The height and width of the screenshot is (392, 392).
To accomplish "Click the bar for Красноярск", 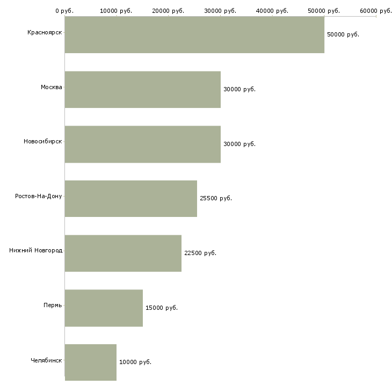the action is click(194, 35).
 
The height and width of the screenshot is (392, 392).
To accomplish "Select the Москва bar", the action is click(143, 90).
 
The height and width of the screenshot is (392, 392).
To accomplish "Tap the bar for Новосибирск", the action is click(143, 144).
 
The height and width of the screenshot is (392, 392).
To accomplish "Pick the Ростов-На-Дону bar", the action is click(131, 199).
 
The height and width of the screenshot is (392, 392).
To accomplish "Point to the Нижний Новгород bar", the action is click(124, 253).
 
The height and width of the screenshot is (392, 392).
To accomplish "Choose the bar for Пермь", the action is click(104, 308).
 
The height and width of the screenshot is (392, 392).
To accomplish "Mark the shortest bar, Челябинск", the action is click(91, 362).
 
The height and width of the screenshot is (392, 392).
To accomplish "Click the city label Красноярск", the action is click(45, 33).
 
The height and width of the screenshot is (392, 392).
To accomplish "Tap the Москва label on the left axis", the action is click(51, 87).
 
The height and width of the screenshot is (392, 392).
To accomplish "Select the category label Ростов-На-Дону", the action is click(39, 196).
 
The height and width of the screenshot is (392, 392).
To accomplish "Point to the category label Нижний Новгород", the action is click(36, 250).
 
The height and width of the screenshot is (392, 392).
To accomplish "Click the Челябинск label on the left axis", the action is click(46, 360).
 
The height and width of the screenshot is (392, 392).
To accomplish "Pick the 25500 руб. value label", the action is click(216, 198).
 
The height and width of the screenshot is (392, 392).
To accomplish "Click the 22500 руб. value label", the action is click(200, 253).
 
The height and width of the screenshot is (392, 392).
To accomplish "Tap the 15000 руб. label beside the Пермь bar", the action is click(162, 308).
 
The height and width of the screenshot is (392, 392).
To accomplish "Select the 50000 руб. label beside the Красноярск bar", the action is click(343, 34).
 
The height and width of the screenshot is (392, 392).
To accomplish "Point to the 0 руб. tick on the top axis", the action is click(64, 11).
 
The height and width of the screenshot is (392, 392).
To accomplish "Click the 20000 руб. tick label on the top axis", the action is click(168, 11).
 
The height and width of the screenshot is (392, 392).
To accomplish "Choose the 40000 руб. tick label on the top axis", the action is click(272, 11).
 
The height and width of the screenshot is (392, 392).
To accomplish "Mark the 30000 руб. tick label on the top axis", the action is click(220, 11).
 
